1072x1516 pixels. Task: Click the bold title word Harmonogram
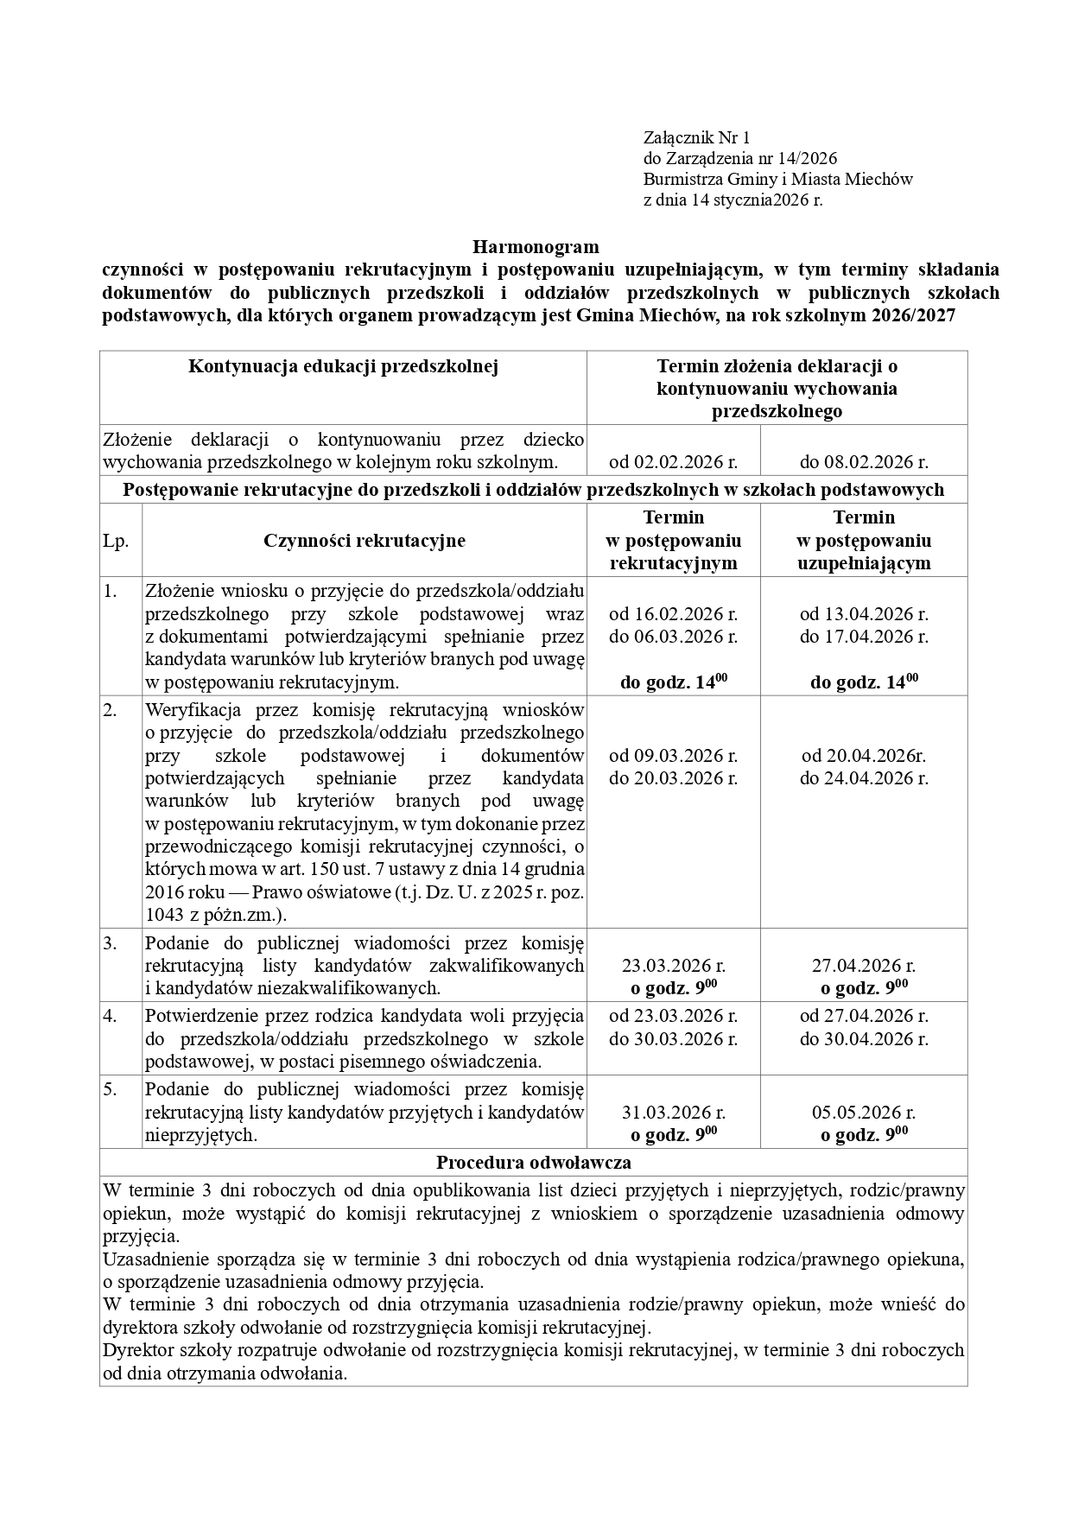click(x=535, y=247)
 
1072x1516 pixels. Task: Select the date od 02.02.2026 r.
click(x=673, y=461)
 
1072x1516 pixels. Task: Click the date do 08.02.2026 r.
click(x=864, y=461)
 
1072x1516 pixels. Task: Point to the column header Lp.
click(x=116, y=541)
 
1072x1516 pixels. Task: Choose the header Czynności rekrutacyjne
click(x=364, y=541)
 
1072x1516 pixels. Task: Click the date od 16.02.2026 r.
click(x=673, y=614)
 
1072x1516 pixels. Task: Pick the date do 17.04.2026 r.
click(x=864, y=637)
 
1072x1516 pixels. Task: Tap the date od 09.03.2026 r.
click(x=673, y=756)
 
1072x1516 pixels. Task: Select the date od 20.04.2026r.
click(x=864, y=756)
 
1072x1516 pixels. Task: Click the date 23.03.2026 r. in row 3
click(x=673, y=965)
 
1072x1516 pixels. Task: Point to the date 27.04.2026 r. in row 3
click(x=864, y=965)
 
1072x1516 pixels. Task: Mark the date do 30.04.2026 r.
click(x=864, y=1038)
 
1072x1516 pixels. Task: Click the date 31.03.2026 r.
click(x=673, y=1112)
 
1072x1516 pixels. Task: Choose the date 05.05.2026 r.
click(x=864, y=1112)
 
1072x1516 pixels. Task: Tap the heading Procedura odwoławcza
click(x=533, y=1163)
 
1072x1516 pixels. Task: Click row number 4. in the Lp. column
click(x=110, y=1016)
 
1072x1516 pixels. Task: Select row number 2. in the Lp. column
click(x=110, y=710)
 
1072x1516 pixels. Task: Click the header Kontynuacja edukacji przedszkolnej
click(x=344, y=366)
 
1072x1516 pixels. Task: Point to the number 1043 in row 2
click(x=164, y=914)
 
